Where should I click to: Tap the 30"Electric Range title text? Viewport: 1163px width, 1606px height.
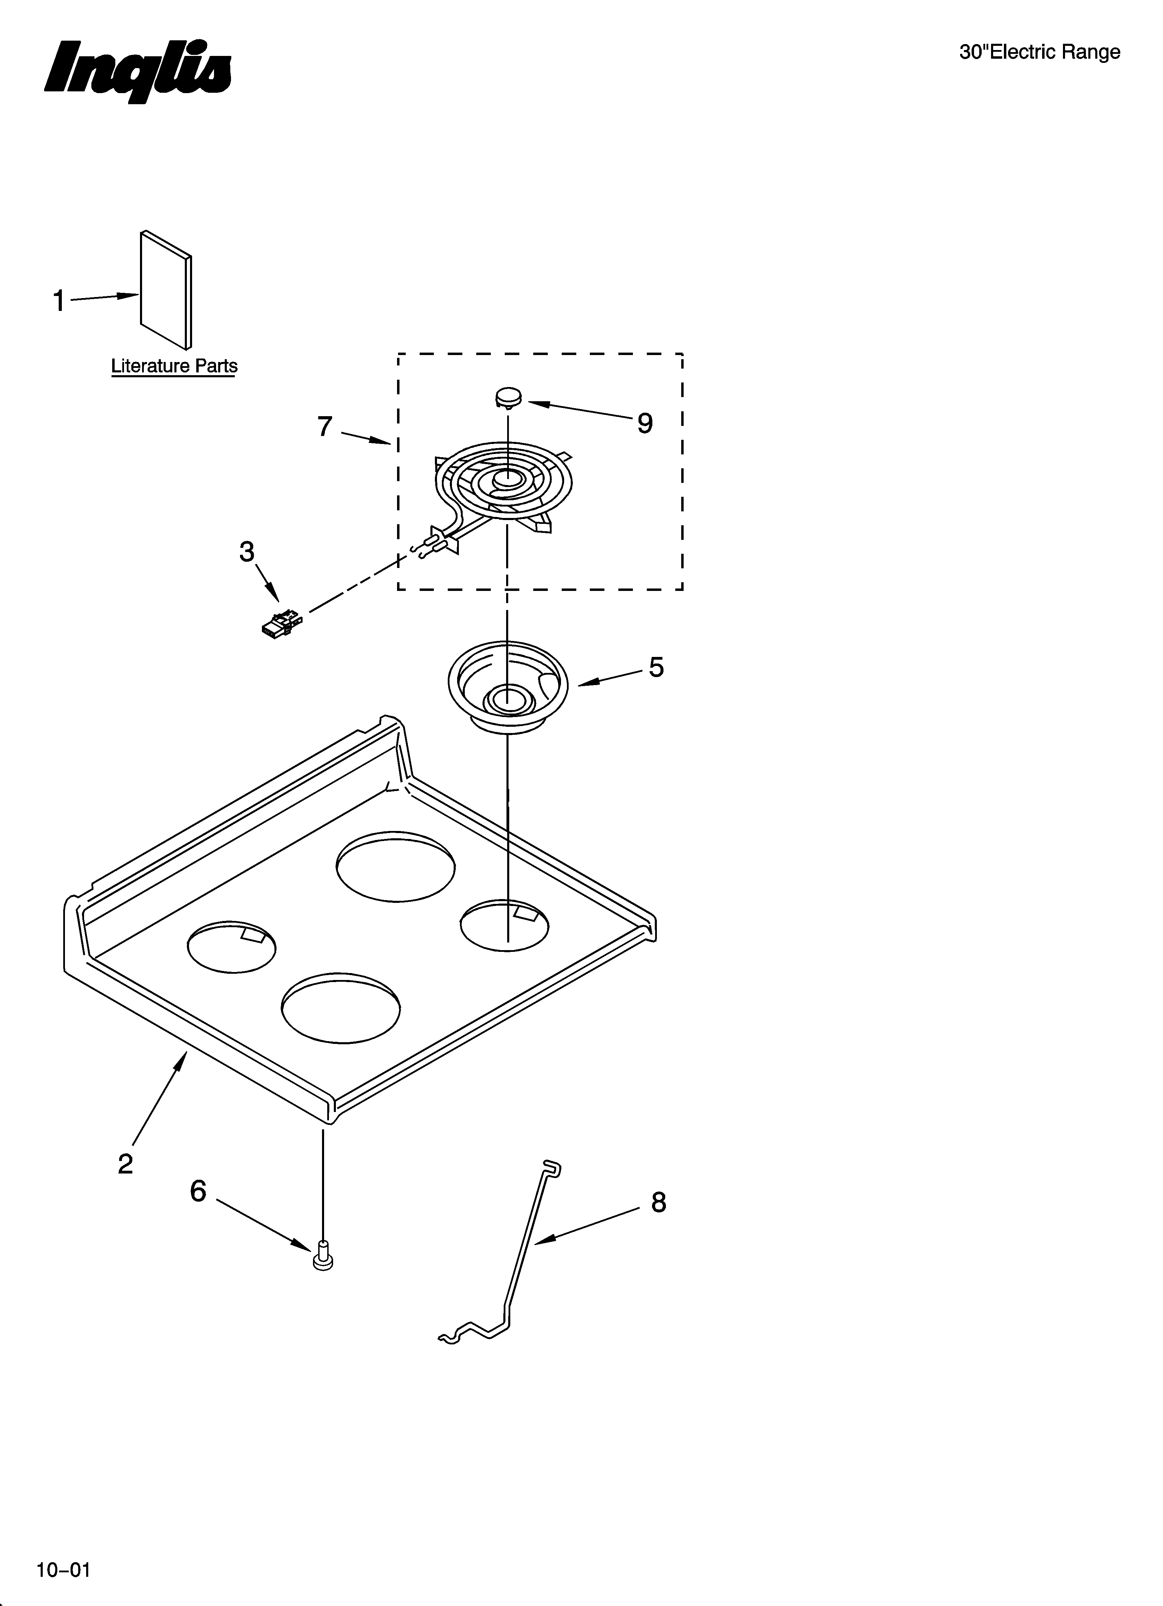(x=1039, y=52)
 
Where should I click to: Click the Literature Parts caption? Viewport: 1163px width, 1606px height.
(x=174, y=366)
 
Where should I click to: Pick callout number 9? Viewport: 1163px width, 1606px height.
(x=644, y=423)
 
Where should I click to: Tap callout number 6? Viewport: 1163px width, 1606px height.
(x=198, y=1191)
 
